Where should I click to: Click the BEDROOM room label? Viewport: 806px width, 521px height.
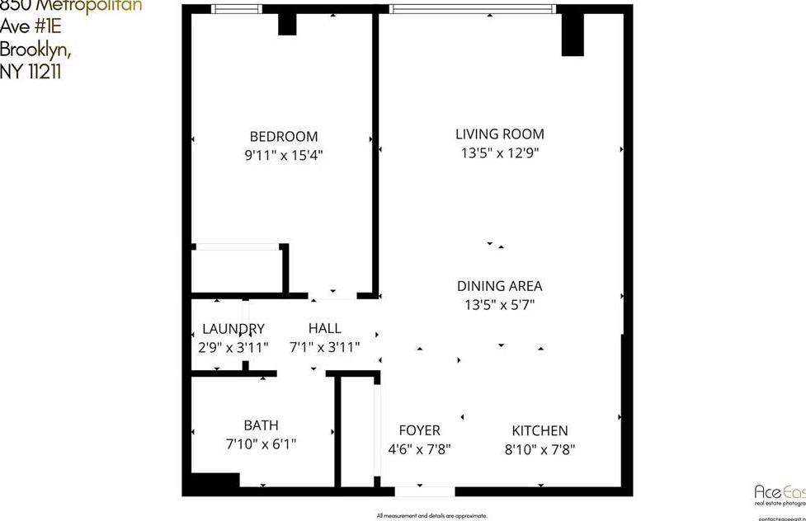click(x=283, y=137)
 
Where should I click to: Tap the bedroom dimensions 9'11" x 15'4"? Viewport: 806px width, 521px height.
click(x=283, y=154)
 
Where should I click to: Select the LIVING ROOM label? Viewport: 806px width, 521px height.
click(x=499, y=134)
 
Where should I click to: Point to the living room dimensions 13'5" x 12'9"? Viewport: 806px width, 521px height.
click(x=499, y=153)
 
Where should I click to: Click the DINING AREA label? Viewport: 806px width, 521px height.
click(x=499, y=286)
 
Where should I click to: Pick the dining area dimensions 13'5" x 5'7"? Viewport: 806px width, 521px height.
click(x=499, y=304)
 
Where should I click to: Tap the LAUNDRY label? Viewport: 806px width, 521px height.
click(x=233, y=329)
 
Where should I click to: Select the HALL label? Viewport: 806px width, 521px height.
click(x=324, y=329)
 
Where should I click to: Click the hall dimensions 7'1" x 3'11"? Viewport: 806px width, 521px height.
click(x=324, y=347)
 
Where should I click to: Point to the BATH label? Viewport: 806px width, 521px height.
click(x=261, y=425)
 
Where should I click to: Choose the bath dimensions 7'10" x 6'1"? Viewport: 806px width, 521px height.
click(x=261, y=444)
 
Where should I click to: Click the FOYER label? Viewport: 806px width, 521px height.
click(x=419, y=430)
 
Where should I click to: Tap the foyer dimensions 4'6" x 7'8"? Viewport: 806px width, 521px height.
click(x=419, y=449)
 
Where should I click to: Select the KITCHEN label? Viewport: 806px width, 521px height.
click(x=540, y=430)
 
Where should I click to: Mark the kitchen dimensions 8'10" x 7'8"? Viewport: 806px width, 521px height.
click(x=540, y=449)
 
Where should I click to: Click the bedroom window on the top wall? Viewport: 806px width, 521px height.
click(x=236, y=9)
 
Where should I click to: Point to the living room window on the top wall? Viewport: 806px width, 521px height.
click(x=472, y=9)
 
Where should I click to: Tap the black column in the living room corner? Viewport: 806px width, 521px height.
click(x=573, y=35)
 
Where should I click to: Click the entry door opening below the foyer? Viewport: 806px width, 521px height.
click(x=424, y=491)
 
